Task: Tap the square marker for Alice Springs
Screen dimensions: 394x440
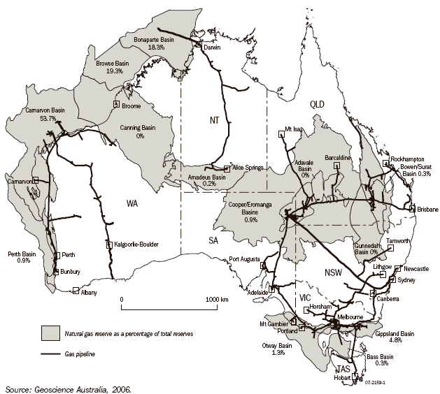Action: [x=227, y=168]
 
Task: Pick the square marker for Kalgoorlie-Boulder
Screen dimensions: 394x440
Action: [x=108, y=245]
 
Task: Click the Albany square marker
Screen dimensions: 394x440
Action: [x=75, y=291]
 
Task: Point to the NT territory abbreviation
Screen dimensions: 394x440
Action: [x=215, y=120]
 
